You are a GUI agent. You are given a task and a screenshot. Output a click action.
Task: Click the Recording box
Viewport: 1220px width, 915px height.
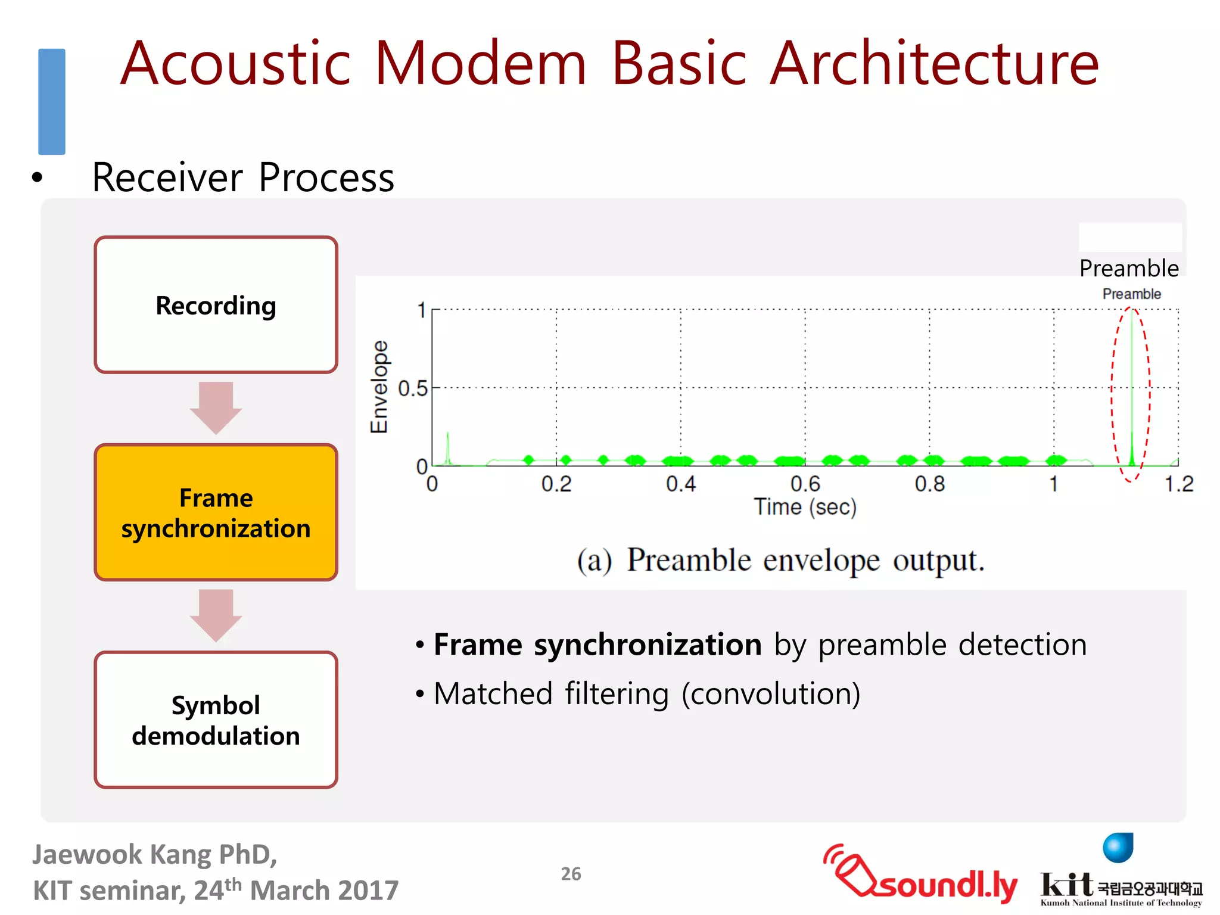(216, 305)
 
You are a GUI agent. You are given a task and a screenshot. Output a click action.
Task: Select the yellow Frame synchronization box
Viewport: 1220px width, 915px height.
(216, 512)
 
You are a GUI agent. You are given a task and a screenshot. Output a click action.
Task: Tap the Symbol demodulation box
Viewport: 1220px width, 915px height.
(216, 720)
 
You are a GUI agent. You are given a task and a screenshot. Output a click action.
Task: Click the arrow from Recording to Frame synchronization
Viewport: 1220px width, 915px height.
(216, 407)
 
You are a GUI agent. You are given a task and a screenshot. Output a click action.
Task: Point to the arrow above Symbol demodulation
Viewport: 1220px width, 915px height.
(216, 615)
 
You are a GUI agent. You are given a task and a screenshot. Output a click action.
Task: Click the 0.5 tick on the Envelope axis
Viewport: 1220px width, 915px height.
(413, 388)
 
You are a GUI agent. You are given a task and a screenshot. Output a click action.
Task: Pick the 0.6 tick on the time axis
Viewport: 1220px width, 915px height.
(805, 484)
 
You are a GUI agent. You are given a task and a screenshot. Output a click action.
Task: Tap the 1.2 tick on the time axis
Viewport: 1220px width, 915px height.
(1178, 484)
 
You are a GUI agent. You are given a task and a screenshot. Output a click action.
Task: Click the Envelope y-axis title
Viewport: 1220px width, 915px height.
(379, 387)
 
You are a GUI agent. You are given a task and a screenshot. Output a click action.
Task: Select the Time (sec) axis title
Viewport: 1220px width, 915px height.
(805, 507)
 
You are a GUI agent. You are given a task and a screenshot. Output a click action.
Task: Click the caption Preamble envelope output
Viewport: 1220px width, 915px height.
(780, 560)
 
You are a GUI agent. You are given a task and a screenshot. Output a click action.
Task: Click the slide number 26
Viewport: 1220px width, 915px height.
(571, 874)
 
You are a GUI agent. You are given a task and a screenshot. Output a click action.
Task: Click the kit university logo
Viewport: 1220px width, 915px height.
(1120, 876)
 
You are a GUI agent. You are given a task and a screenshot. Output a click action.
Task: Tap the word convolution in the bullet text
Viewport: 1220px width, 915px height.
(770, 694)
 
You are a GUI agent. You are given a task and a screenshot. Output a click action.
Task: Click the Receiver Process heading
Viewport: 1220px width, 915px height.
(243, 178)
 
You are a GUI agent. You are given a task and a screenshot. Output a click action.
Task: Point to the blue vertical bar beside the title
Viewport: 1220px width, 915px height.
(52, 101)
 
